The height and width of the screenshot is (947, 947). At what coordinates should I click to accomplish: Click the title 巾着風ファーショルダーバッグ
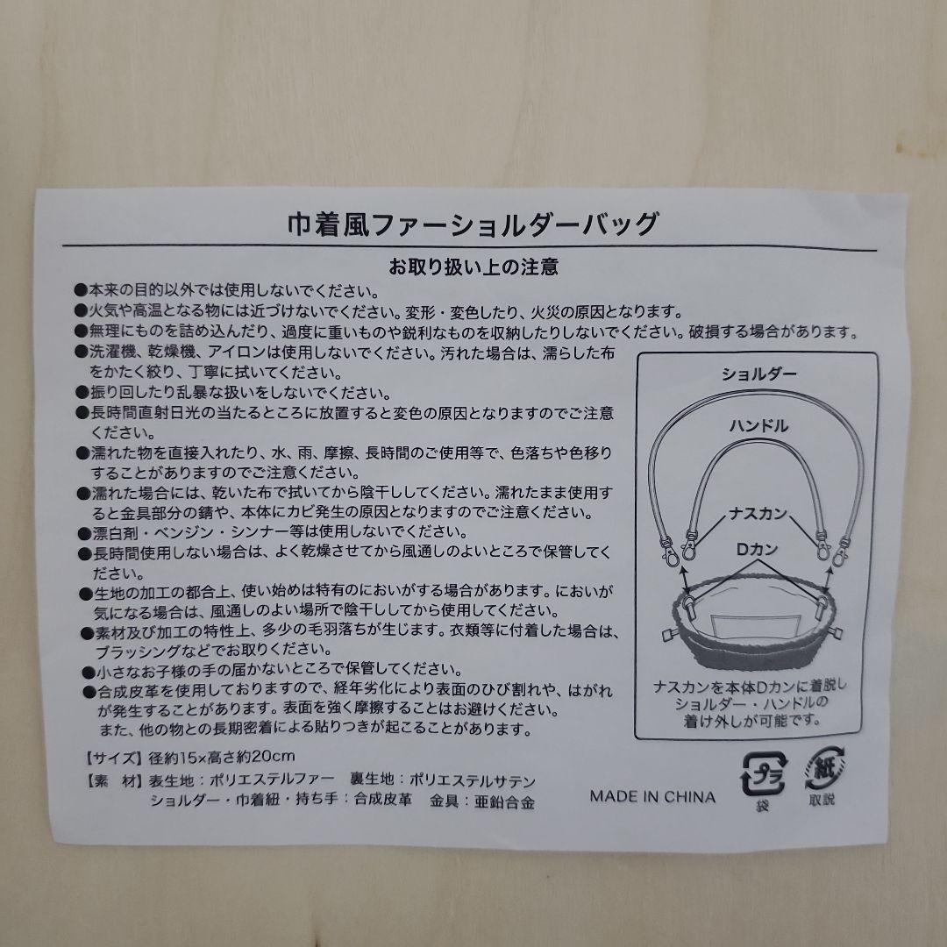tap(473, 224)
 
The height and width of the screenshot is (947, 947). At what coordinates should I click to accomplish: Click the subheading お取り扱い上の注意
tap(473, 267)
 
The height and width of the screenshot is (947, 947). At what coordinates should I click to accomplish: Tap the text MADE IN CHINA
tap(652, 796)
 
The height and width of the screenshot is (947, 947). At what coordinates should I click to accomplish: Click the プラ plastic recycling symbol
tap(764, 773)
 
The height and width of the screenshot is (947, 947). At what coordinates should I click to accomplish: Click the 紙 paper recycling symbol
tap(823, 769)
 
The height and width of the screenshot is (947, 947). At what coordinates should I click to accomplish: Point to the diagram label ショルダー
tap(759, 374)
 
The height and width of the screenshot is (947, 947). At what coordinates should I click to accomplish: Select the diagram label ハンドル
tap(759, 426)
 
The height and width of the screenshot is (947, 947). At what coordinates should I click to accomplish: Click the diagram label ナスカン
tap(758, 513)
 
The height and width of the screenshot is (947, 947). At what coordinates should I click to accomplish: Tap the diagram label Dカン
tap(757, 549)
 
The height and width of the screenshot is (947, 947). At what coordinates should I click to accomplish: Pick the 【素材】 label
tap(114, 781)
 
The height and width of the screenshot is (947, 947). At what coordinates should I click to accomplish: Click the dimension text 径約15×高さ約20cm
tap(222, 756)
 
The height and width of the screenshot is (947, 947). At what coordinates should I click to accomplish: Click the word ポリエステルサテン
tap(473, 781)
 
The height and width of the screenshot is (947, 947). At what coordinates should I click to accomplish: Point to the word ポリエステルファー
tap(272, 780)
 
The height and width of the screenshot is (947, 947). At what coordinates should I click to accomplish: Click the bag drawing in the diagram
tap(754, 621)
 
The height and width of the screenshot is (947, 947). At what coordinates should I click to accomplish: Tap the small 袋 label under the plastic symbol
tap(763, 806)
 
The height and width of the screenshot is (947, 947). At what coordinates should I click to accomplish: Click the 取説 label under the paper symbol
tap(822, 800)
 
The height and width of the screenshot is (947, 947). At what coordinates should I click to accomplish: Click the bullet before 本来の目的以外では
tap(81, 290)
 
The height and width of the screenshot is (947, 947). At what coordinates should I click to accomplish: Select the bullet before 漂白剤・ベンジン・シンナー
tap(84, 533)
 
